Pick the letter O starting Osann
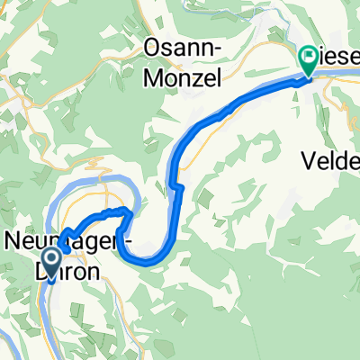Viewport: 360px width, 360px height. point(154,48)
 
